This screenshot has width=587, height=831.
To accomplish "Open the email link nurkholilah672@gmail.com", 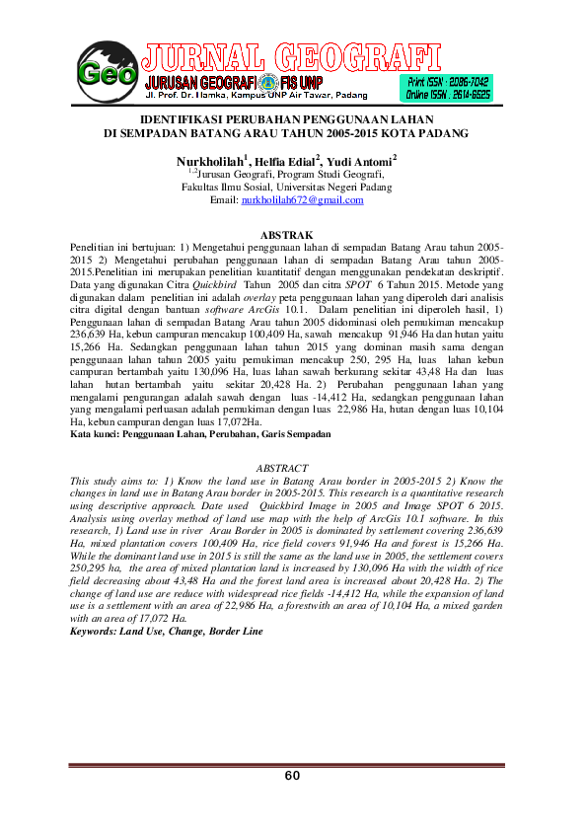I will pos(303,200).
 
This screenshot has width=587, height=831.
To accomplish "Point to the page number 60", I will pos(292,776).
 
